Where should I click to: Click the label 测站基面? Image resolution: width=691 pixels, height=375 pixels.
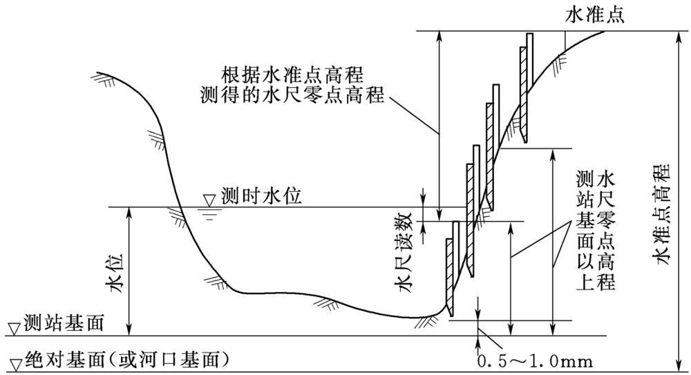pos(64,323)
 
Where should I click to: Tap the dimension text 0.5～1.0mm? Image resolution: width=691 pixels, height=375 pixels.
pos(535,360)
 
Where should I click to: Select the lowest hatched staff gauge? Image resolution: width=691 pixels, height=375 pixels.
pos(452,269)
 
